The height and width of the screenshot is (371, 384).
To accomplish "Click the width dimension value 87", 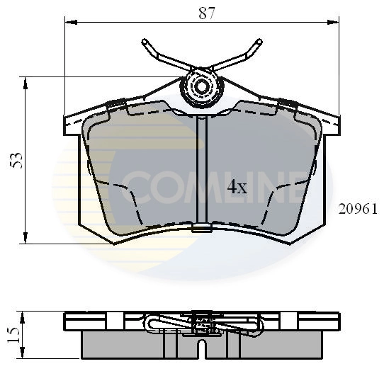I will (x=206, y=11).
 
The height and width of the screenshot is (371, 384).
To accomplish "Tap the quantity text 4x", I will (x=236, y=188).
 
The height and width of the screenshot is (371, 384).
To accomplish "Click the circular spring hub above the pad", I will (x=201, y=87).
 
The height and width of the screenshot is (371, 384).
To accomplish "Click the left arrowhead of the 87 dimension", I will (x=68, y=23).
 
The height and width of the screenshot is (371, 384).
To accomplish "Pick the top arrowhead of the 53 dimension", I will (x=26, y=81).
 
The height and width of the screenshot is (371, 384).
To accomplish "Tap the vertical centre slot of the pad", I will (x=201, y=170).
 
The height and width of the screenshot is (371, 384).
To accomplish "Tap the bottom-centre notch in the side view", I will (x=202, y=348).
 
